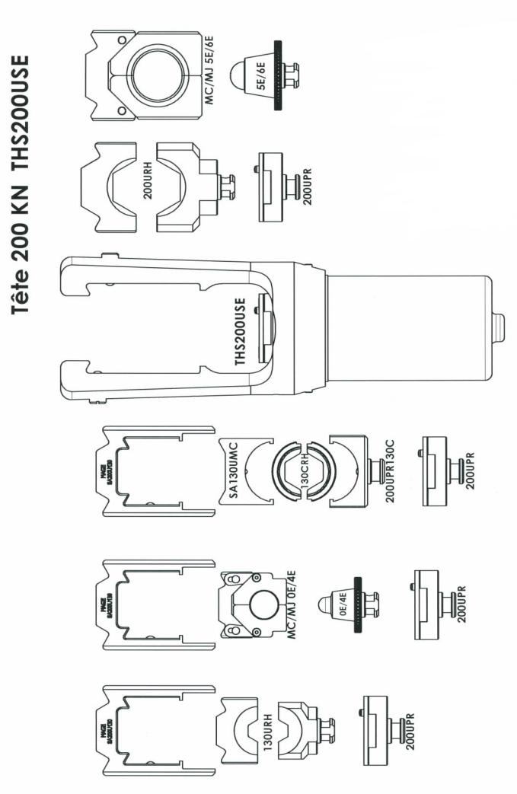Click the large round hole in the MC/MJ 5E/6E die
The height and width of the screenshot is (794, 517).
pos(157,76)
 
